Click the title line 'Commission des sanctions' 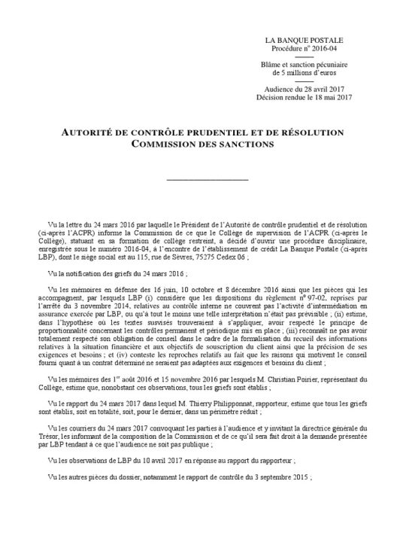pyautogui.click(x=202, y=144)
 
